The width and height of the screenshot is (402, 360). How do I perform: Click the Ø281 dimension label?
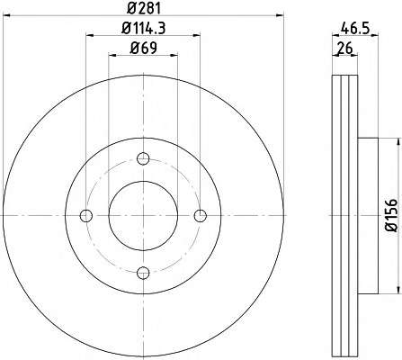(x=144, y=8)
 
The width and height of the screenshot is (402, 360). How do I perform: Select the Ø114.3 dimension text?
(x=144, y=29)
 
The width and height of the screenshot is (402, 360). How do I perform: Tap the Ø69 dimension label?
(x=143, y=48)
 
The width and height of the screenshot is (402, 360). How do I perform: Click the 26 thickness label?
(x=344, y=49)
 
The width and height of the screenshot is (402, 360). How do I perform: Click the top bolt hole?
(x=143, y=158)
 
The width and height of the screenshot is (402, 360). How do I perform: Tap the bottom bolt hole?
(x=143, y=273)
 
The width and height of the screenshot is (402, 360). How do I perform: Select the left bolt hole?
(x=86, y=215)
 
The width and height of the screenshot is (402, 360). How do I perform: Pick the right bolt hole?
(x=201, y=215)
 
